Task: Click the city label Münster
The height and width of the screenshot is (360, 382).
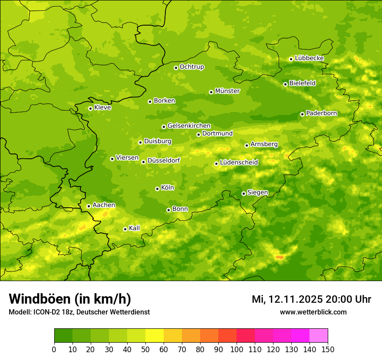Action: (227, 91)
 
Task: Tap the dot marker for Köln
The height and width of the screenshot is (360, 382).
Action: (157, 189)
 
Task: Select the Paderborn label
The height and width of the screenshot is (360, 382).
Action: (321, 113)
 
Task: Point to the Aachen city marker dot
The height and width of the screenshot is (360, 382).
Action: (89, 206)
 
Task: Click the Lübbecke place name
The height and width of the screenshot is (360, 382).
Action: (309, 58)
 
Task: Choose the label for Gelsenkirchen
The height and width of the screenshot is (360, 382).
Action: (189, 126)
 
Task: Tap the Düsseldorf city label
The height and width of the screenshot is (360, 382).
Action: (163, 160)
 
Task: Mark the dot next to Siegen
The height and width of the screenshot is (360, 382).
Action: (244, 193)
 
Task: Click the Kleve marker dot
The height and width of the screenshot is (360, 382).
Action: (90, 108)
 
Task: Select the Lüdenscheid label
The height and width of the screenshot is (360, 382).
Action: (239, 163)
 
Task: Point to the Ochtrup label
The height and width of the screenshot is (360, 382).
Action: (191, 67)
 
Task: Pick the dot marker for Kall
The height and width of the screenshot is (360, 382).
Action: (125, 229)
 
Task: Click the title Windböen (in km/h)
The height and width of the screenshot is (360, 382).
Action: (70, 299)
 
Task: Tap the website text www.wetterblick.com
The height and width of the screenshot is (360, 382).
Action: (313, 312)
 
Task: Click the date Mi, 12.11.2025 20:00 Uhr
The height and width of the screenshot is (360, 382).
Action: (311, 299)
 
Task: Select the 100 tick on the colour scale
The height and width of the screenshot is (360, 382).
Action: (237, 349)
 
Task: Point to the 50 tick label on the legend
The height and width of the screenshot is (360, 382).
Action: (145, 349)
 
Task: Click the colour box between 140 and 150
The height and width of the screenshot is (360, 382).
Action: (319, 336)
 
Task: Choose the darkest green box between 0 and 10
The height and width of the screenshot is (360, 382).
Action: (63, 336)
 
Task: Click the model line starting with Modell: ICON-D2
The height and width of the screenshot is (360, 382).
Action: (79, 312)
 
